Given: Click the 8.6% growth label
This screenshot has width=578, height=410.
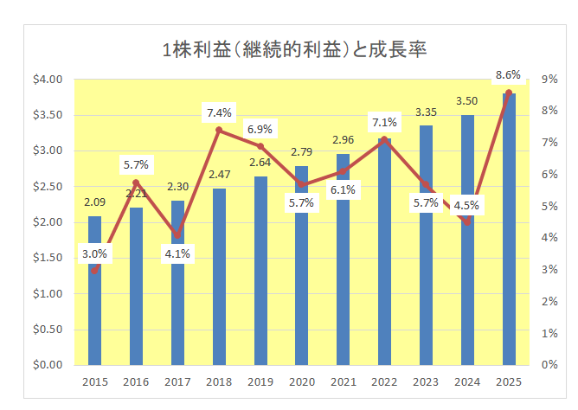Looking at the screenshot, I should (508, 77).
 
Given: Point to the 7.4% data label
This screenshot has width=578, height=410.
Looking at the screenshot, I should (219, 112).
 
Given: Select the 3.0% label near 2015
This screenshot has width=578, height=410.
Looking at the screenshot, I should (95, 254).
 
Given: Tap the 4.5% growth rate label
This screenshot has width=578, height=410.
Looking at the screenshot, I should (467, 206).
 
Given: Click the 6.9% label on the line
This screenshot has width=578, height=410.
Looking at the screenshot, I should (260, 129).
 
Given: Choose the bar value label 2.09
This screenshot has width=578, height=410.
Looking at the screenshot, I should (95, 203).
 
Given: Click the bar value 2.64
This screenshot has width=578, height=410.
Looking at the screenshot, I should (260, 162).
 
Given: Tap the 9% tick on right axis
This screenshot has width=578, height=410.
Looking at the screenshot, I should (549, 80).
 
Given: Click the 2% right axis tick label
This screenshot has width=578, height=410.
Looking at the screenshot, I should (549, 301).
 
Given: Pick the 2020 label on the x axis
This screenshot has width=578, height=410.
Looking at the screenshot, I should (302, 381).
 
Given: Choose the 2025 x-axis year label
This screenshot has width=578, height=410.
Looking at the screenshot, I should (508, 381).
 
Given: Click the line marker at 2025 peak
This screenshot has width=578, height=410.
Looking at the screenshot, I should (509, 93).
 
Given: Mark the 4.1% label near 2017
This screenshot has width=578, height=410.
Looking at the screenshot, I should (177, 253).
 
